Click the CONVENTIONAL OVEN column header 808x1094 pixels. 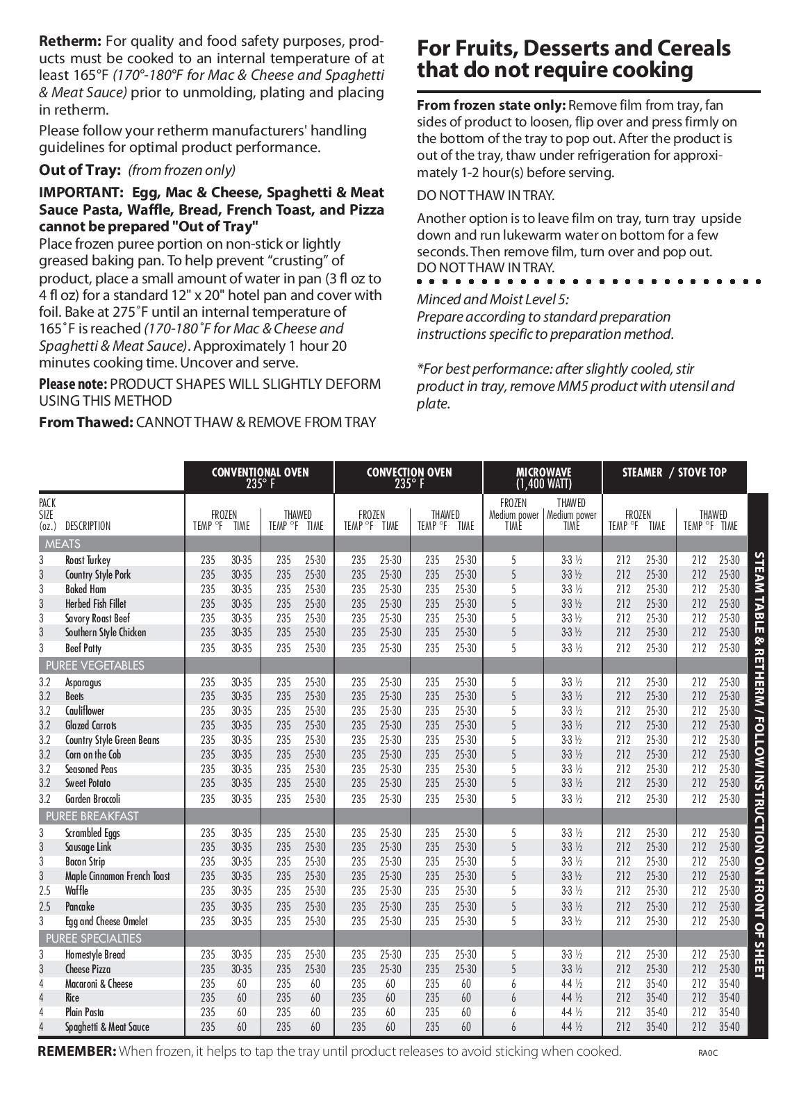[260, 477]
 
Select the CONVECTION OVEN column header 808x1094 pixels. [409, 477]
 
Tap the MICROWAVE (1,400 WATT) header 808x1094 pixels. [543, 477]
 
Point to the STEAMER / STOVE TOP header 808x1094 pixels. [674, 472]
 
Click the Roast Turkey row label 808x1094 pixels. [88, 560]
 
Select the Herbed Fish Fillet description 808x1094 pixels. [96, 604]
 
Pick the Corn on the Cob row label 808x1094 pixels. [93, 754]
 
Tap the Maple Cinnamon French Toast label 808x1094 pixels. [117, 876]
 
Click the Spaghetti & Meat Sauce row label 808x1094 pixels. [107, 1027]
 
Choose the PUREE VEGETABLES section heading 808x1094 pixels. [95, 665]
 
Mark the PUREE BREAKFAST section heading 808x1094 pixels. [92, 816]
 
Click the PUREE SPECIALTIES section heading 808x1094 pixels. [94, 938]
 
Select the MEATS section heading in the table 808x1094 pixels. [63, 544]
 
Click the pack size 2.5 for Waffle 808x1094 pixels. [44, 890]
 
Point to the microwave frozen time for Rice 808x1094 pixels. [513, 997]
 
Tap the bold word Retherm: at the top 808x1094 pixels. [70, 42]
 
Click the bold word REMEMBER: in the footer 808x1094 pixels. [77, 1051]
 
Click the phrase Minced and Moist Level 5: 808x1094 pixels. [492, 300]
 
